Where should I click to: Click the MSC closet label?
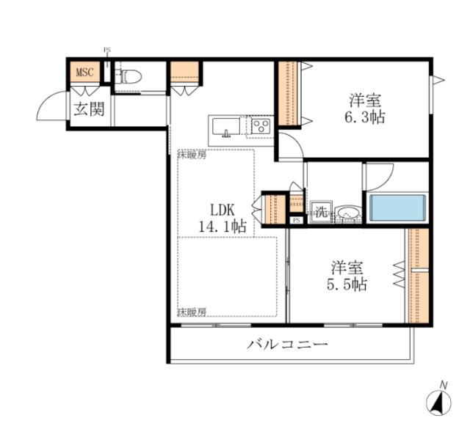pos(84,73)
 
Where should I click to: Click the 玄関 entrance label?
pos(87,110)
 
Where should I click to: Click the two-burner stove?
pos(261,127)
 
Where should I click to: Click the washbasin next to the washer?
pos(347,214)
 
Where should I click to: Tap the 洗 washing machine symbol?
pos(321,212)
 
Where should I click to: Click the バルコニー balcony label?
pos(286,344)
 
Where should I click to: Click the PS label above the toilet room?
pos(107,51)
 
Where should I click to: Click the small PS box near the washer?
pos(296,220)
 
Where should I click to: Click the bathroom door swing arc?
pos(378,176)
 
